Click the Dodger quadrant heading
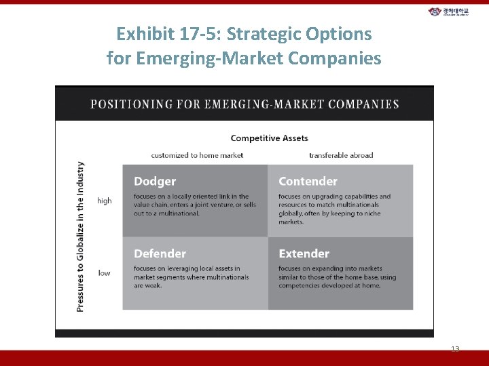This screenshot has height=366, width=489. click(x=155, y=182)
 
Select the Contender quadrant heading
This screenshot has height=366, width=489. click(x=308, y=182)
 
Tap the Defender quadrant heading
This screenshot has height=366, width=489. click(x=160, y=253)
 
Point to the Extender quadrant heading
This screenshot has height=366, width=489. click(x=304, y=253)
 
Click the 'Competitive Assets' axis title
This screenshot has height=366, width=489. click(x=269, y=138)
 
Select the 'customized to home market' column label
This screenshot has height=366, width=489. click(x=197, y=155)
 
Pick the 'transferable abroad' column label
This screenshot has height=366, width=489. click(x=341, y=155)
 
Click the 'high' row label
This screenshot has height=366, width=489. click(x=104, y=201)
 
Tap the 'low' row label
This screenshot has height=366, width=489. click(x=104, y=273)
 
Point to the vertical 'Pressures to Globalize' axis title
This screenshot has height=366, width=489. click(x=80, y=237)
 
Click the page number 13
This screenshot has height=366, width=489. click(x=455, y=349)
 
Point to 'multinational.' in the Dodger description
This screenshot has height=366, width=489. click(x=178, y=213)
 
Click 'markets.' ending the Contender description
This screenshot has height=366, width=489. click(x=291, y=222)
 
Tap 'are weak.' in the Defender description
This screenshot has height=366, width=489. click(x=147, y=285)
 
